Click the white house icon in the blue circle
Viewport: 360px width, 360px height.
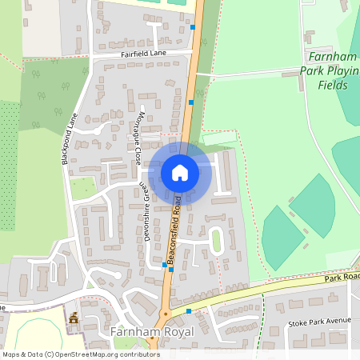[180, 172]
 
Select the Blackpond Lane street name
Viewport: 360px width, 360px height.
[70, 138]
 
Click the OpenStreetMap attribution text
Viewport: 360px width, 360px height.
[82, 354]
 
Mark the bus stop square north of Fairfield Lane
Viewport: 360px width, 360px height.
[193, 27]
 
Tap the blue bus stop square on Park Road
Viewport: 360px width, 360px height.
[189, 310]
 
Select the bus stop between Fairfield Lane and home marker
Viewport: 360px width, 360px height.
[191, 102]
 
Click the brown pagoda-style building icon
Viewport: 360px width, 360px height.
[74, 318]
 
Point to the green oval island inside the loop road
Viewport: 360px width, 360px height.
[215, 240]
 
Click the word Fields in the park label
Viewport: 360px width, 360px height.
[334, 84]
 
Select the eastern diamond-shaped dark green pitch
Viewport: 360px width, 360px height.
[322, 206]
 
